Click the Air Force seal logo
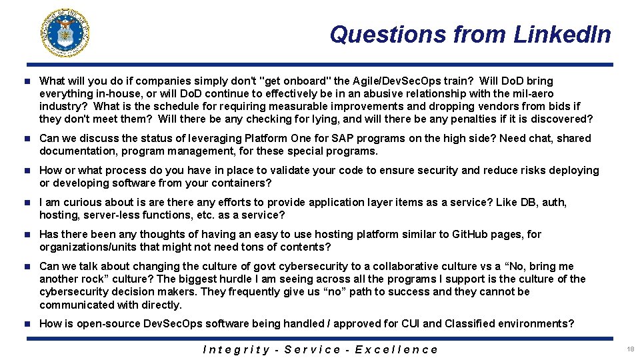click(65, 33)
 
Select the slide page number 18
click(630, 349)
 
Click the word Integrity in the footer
click(236, 349)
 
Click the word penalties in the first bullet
click(464, 119)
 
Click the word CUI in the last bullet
click(409, 324)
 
